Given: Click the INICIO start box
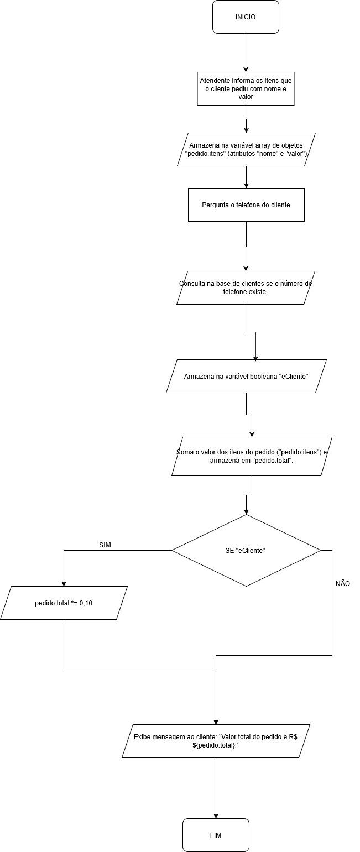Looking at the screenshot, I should (246, 17).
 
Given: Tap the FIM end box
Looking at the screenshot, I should (216, 835).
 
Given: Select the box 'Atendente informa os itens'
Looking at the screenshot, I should (246, 88).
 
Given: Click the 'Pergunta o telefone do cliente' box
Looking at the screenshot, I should (246, 205).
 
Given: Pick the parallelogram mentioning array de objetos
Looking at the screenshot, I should (246, 149).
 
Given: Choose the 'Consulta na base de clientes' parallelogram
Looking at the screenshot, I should (246, 288).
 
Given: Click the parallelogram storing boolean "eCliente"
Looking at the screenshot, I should (246, 376).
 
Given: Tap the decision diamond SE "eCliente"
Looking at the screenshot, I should (246, 550).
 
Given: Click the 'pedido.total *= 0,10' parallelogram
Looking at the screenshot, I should (64, 603).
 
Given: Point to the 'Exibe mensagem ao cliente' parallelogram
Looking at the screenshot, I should (216, 741).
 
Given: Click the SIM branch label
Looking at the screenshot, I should (105, 545).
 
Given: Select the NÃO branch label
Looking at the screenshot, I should (342, 584).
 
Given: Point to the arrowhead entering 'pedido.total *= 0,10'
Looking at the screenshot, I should (64, 583).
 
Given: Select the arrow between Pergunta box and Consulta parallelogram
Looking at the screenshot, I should (246, 246).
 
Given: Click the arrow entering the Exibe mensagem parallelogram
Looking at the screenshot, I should (216, 697).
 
